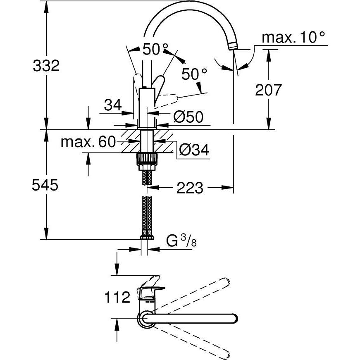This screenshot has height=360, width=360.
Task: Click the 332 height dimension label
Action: click(x=46, y=66)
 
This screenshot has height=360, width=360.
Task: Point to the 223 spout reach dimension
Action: click(x=190, y=188)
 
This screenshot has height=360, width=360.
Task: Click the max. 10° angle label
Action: click(x=294, y=38)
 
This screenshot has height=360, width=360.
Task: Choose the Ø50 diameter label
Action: click(x=188, y=118)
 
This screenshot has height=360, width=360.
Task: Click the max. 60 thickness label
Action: click(x=88, y=142)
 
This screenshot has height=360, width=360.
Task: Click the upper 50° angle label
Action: click(x=156, y=50)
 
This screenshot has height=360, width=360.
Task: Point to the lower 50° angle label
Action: click(x=194, y=74)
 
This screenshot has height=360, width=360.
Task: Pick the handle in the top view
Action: click(x=149, y=289)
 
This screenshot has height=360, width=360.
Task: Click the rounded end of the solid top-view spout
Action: click(x=234, y=319)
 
